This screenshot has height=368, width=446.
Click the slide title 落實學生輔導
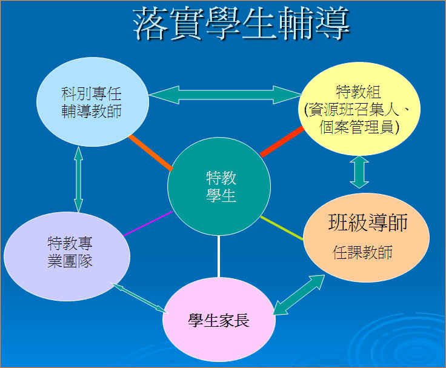pyautogui.click(x=241, y=23)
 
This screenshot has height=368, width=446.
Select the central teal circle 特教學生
pyautogui.click(x=219, y=186)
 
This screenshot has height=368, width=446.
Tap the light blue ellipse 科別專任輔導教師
pyautogui.click(x=93, y=102)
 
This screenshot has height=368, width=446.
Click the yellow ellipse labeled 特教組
pyautogui.click(x=359, y=109)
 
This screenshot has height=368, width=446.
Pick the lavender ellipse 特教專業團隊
pyautogui.click(x=67, y=256)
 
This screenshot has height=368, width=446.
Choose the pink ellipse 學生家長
pyautogui.click(x=219, y=320)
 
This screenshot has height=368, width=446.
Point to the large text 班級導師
pyautogui.click(x=368, y=222)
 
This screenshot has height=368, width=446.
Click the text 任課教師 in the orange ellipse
pyautogui.click(x=362, y=252)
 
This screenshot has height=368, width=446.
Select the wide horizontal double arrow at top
pyautogui.click(x=225, y=95)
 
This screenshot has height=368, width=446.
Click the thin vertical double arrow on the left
pyautogui.click(x=78, y=179)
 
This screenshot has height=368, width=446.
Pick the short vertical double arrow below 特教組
pyautogui.click(x=359, y=172)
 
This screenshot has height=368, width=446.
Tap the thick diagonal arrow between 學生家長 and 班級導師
pyautogui.click(x=299, y=295)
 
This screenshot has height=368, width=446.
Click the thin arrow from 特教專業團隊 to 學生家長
pyautogui.click(x=139, y=298)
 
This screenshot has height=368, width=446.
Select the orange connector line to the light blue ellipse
pyautogui.click(x=151, y=153)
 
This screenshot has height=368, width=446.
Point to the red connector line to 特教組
pyautogui.click(x=282, y=142)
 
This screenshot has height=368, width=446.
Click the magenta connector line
pyautogui.click(x=148, y=224)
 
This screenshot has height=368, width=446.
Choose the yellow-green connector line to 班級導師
pyautogui.click(x=282, y=228)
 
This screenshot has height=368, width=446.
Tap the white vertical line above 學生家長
pyautogui.click(x=218, y=256)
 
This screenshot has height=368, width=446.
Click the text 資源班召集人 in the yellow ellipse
pyautogui.click(x=353, y=110)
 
